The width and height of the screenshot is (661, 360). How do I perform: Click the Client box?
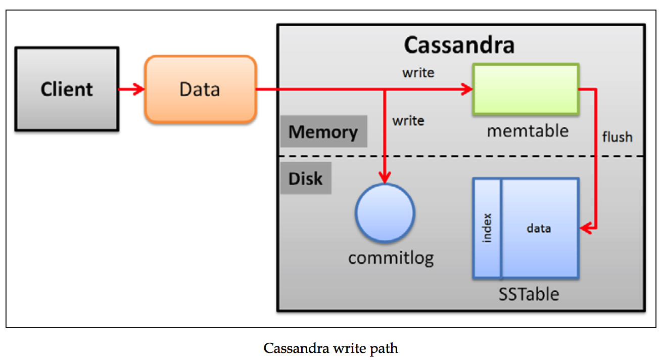(67, 89)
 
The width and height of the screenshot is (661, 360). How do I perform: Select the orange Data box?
(200, 89)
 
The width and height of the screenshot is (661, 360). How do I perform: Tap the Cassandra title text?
(459, 46)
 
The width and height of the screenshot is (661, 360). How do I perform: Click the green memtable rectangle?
(526, 89)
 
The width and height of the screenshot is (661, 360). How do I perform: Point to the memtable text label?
(528, 131)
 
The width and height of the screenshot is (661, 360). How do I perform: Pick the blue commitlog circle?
(385, 213)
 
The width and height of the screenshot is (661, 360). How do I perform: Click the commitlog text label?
(391, 258)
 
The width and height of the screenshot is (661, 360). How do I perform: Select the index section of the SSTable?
(487, 228)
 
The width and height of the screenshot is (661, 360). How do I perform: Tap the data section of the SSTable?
(539, 228)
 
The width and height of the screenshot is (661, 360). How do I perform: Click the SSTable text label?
(529, 293)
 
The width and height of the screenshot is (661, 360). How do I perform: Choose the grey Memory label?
(323, 132)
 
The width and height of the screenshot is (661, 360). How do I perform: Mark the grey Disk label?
(305, 178)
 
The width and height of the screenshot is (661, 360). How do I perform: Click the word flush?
(617, 137)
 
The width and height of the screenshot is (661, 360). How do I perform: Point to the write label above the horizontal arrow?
(418, 72)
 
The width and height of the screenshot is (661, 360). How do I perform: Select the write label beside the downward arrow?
(408, 121)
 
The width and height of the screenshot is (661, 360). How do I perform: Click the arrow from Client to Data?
(131, 89)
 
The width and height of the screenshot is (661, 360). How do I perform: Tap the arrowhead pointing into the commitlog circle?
(385, 177)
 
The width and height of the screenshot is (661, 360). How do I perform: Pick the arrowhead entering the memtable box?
(466, 89)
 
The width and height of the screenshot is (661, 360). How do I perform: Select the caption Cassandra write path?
(330, 348)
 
